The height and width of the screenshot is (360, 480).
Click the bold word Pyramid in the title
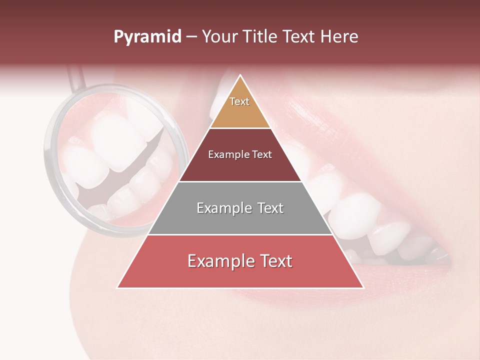[147, 37]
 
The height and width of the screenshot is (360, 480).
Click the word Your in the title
[220, 37]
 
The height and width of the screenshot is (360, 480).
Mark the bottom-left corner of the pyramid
[118, 287]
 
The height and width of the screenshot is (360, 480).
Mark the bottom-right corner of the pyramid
[362, 287]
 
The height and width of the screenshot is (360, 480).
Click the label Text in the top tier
[239, 101]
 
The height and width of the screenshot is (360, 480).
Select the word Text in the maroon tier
[261, 154]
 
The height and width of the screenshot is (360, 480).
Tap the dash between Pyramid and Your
[191, 37]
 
